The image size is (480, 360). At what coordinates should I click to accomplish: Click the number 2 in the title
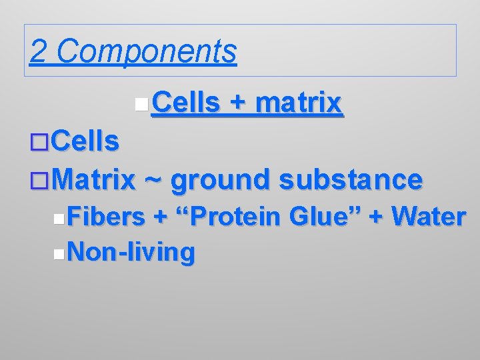pos(39,51)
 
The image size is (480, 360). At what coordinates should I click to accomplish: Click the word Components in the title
pos(147,51)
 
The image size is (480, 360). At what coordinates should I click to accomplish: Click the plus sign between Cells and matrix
pos(237,103)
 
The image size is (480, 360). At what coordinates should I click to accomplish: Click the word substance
pos(351,179)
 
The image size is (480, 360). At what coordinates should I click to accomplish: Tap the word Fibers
pos(106,217)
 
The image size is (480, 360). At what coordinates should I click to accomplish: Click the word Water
pos(429,217)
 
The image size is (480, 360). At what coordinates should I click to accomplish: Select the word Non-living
pos(131,252)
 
